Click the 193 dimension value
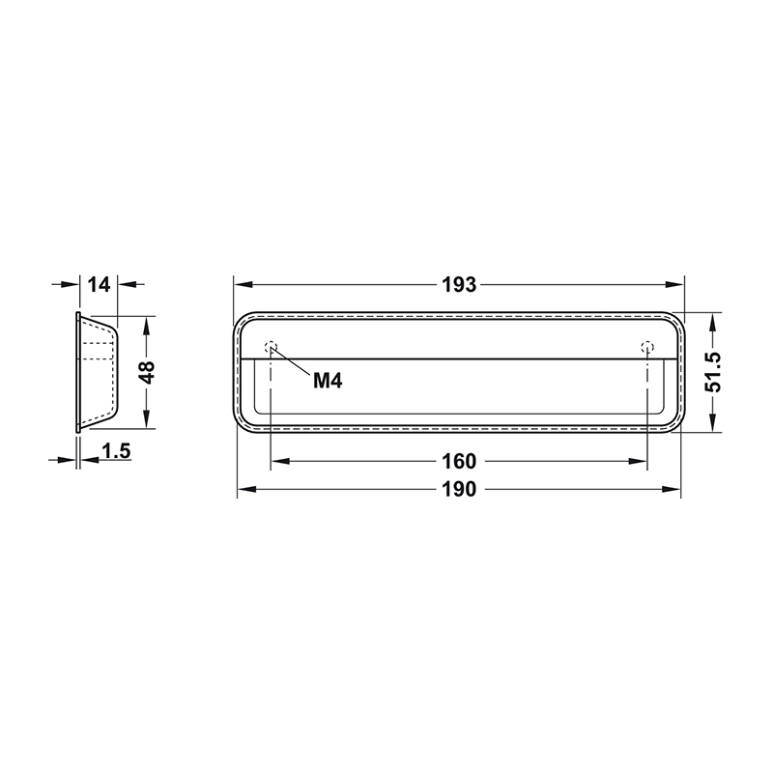tap(459, 285)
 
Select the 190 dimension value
tap(459, 489)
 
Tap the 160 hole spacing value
tap(459, 462)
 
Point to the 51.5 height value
tap(713, 372)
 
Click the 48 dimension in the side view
tap(147, 372)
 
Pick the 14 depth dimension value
tap(100, 284)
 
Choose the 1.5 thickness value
tap(116, 450)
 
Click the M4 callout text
tap(328, 381)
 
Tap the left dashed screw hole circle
tap(271, 347)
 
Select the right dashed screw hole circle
tap(647, 347)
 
